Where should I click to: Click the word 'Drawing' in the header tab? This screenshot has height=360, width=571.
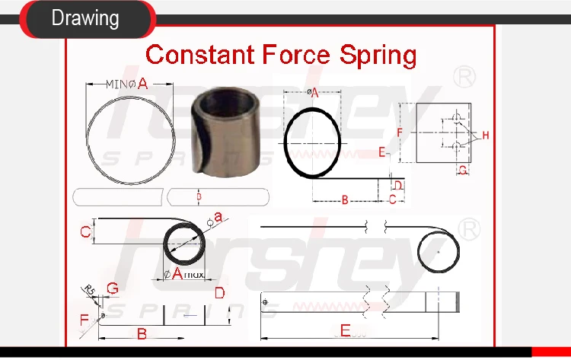(85, 18)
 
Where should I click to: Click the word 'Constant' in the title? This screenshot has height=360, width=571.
(200, 55)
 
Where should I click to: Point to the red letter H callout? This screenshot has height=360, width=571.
(485, 135)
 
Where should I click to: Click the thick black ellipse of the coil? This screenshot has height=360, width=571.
(312, 143)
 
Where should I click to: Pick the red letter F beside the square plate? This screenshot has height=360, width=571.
(400, 132)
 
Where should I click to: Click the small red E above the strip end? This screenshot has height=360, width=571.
(382, 152)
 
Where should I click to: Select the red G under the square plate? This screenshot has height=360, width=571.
(463, 170)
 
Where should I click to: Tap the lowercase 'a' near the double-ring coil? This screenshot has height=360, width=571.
(219, 218)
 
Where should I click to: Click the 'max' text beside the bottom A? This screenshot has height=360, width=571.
(194, 274)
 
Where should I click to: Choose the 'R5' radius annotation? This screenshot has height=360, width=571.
(89, 290)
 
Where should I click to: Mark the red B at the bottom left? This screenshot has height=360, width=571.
(141, 333)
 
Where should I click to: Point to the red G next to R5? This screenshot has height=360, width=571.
(113, 288)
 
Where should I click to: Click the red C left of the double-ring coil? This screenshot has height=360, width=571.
(86, 231)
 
